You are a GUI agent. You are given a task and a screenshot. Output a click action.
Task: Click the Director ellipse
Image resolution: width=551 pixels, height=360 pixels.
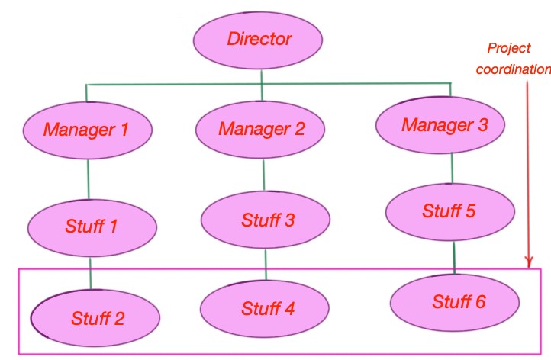258,40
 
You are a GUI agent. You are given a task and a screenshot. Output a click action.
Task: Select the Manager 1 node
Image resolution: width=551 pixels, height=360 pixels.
88,130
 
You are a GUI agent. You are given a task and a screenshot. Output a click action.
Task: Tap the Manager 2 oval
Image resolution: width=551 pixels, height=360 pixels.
260,129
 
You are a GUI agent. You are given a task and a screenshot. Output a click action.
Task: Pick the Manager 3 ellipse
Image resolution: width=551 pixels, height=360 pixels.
440,125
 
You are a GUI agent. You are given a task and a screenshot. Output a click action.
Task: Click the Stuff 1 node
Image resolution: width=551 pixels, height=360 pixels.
92,228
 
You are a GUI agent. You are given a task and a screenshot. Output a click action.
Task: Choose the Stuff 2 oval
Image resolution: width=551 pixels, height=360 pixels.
95,318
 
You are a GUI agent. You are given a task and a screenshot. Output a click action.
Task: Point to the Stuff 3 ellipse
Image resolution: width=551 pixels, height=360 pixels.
266,220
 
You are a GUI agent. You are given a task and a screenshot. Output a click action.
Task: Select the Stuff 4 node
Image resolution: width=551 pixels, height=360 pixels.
265,309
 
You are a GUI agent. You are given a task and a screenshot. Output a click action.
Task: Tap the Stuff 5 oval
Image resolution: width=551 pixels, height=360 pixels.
450,212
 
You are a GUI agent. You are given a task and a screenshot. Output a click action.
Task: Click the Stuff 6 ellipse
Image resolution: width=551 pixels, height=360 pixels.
455,303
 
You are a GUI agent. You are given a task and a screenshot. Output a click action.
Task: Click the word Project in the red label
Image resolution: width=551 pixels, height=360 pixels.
509,48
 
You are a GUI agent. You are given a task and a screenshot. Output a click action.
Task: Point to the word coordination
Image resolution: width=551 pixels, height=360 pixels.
514,69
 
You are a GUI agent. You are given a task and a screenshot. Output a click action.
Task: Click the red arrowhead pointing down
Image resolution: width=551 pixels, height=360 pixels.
529,262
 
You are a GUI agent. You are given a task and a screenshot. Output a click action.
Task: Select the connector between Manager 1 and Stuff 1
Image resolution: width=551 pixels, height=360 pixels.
89,179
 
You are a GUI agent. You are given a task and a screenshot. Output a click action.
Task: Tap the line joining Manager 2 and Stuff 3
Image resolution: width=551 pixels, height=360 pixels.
263,175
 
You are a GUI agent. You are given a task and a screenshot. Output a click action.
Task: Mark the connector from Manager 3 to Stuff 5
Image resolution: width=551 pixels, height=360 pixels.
452,169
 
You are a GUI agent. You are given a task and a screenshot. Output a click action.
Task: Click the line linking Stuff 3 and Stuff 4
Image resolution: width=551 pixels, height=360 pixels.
266,265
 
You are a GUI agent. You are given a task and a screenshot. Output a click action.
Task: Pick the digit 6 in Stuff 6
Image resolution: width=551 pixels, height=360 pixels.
480,302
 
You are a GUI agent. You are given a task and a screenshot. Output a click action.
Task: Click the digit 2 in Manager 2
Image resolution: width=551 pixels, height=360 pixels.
299,128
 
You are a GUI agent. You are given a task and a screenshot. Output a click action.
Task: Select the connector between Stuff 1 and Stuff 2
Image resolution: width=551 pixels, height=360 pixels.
90,273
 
